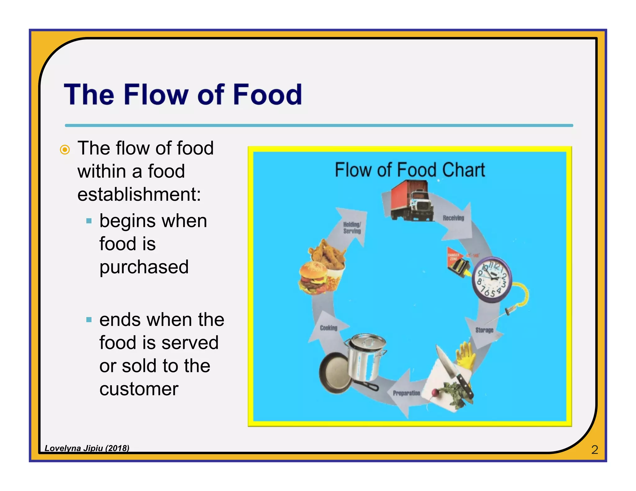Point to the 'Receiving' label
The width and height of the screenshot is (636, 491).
click(x=453, y=218)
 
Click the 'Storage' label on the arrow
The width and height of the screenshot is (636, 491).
click(x=484, y=330)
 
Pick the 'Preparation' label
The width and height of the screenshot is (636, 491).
click(x=406, y=393)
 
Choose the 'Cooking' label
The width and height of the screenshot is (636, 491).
click(x=328, y=328)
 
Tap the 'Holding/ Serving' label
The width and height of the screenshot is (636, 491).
click(x=352, y=227)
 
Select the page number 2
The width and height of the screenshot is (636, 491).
click(x=594, y=450)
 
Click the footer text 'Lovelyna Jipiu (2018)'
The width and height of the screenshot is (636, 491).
click(x=87, y=448)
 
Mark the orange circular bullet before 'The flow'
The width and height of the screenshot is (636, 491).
click(x=65, y=150)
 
